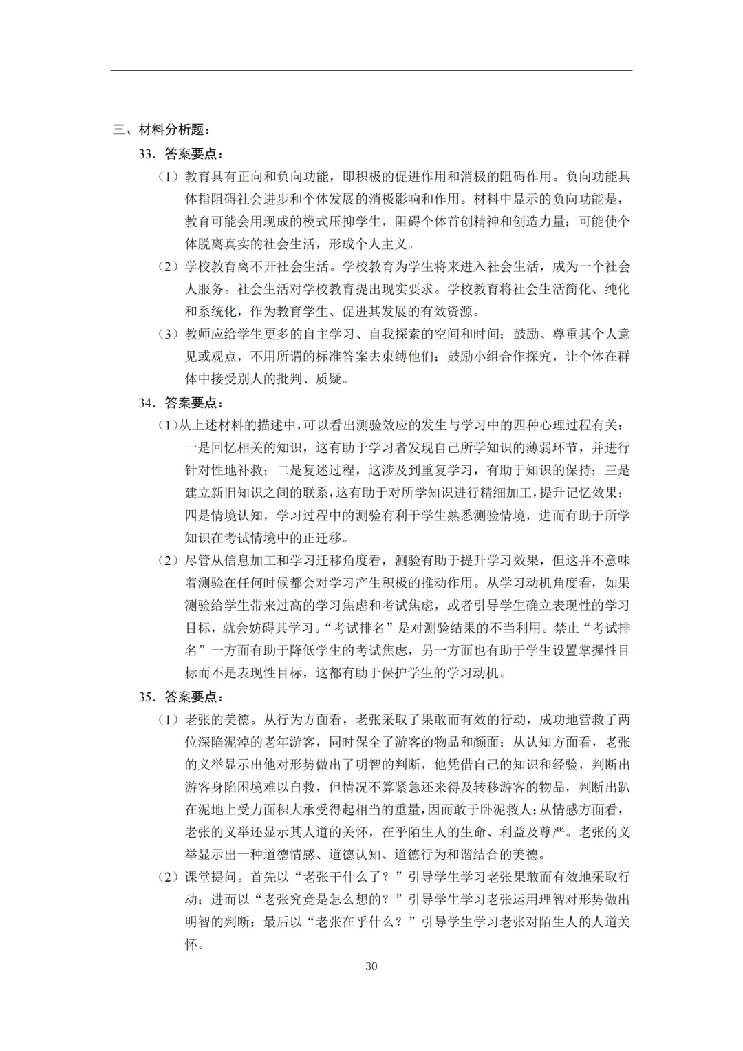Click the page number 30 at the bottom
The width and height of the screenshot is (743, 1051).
[x=371, y=966]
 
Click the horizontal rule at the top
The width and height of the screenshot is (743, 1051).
[x=371, y=70]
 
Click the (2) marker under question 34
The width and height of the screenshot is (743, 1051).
[x=169, y=560]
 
